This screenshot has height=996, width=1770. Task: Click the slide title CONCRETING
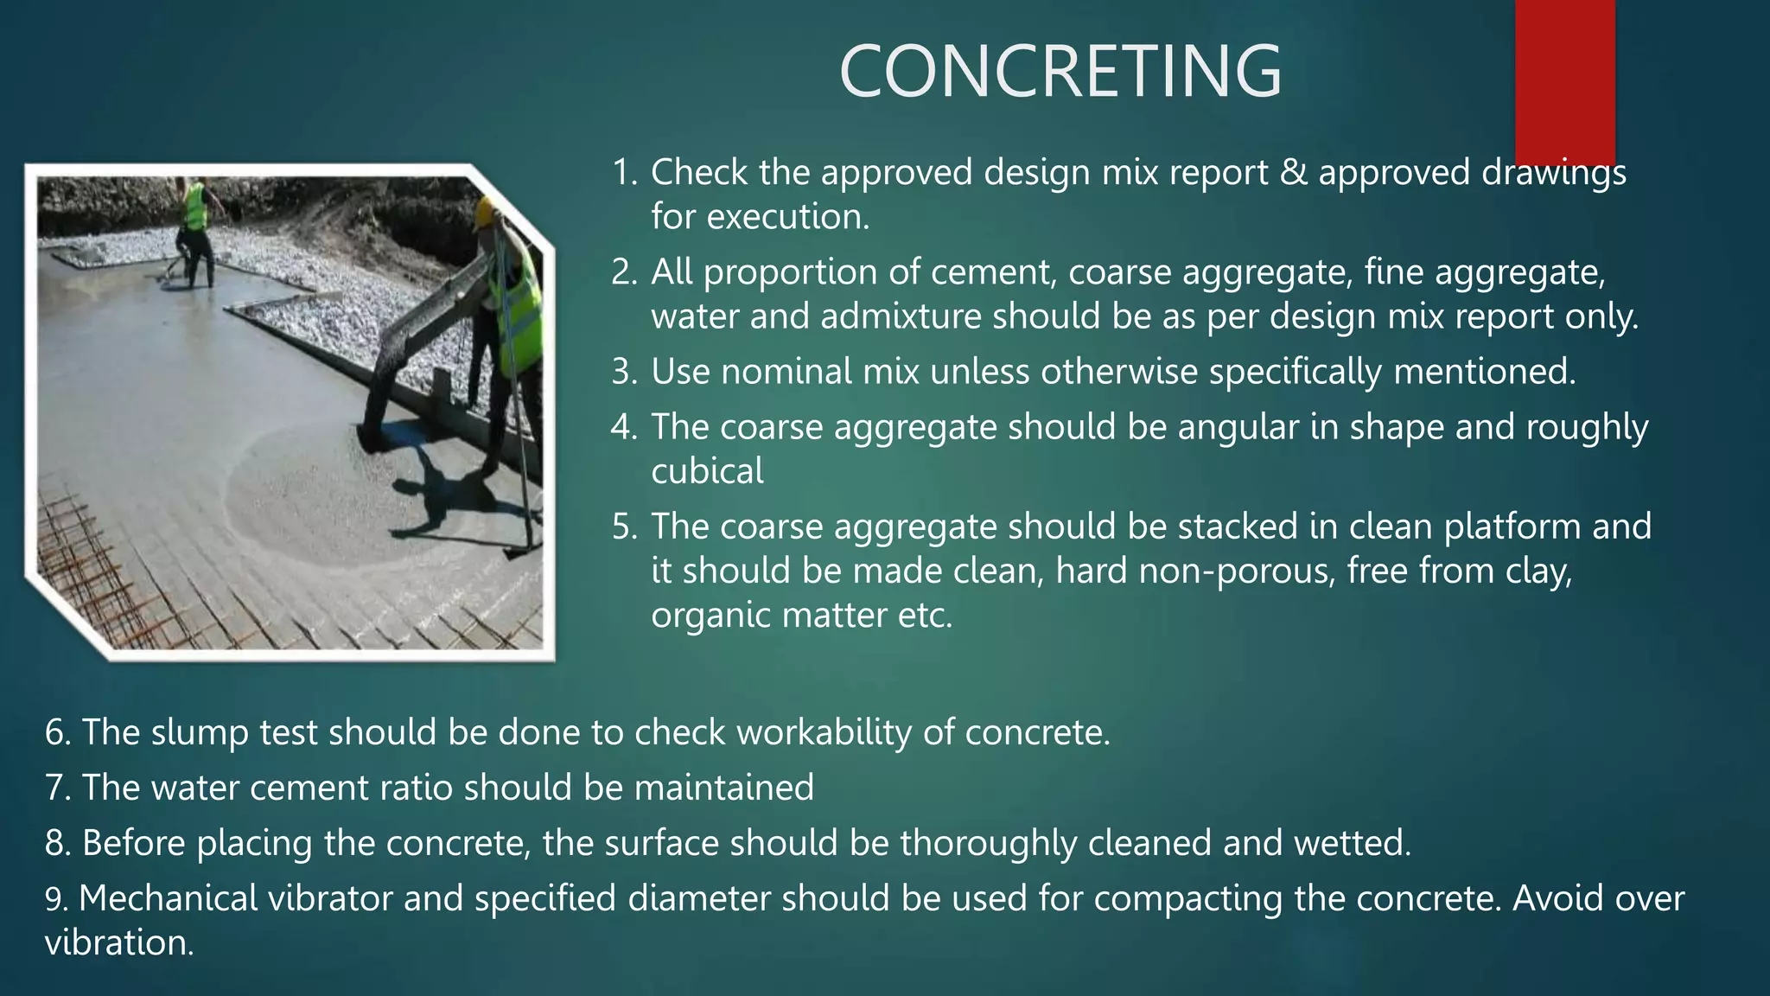pos(1060,72)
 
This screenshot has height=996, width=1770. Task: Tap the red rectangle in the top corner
pos(1564,78)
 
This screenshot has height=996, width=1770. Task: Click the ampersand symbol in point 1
pos(1293,172)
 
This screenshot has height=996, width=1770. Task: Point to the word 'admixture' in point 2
pos(901,316)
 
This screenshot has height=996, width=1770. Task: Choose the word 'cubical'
pos(707,471)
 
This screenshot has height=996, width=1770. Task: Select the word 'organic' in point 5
pos(710,616)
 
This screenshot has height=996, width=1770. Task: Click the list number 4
pos(623,427)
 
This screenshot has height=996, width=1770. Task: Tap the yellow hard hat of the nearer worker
pos(487,212)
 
